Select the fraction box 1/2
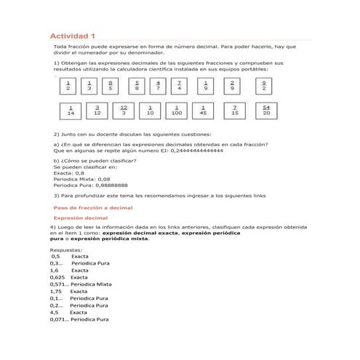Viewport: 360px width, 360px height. pos(68,87)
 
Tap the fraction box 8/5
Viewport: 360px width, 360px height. pos(110,87)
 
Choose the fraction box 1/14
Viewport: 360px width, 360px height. pos(71,111)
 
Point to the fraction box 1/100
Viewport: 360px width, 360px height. pos(177,111)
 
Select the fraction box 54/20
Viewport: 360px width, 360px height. pos(266,111)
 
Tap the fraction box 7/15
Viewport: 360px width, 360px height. pos(235,111)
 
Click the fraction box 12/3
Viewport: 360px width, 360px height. pos(124,111)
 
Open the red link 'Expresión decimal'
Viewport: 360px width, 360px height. pos(81,218)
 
